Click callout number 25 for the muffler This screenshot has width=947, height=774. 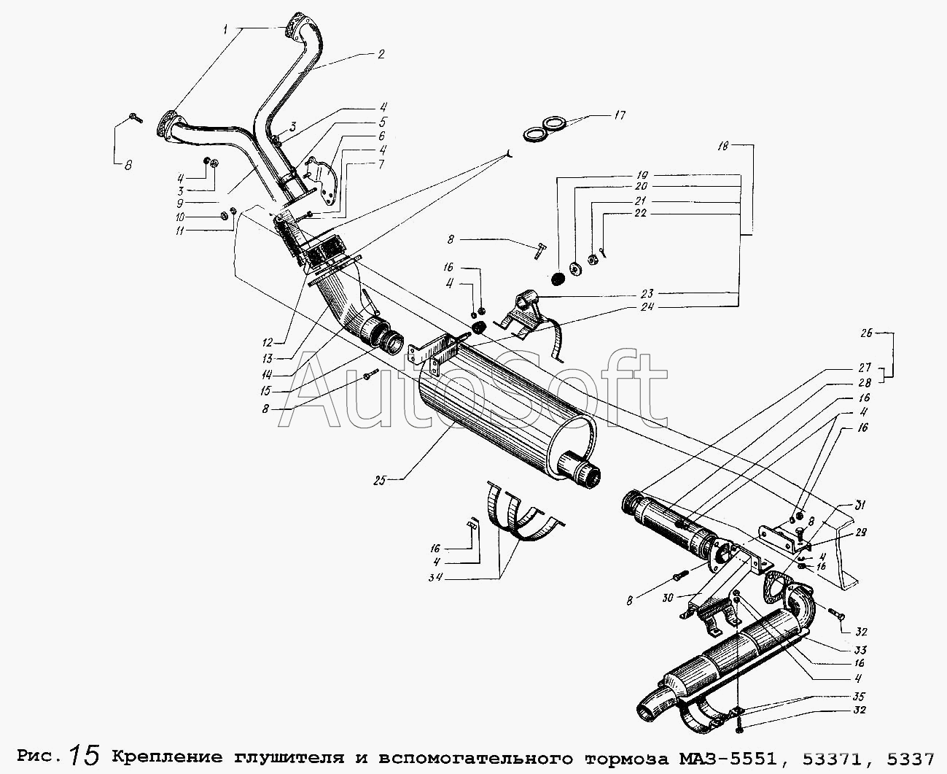pos(379,480)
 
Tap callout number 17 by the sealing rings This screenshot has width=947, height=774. pos(620,115)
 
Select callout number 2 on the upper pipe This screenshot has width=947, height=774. pos(381,55)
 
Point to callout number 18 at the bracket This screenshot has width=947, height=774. pos(723,146)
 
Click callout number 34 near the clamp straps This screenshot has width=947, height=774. pos(435,577)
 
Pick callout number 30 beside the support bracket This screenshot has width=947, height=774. pos(669,598)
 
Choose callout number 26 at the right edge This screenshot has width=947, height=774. pos(867,333)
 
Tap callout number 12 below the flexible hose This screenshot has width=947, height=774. pos(268,343)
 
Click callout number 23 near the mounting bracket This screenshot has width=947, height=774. pos(647,294)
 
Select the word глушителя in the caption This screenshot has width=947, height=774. pos(289,758)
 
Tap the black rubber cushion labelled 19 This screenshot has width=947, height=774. pos(557,279)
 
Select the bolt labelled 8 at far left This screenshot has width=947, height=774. pos(136,117)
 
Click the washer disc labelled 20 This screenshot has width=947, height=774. pos(575,268)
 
